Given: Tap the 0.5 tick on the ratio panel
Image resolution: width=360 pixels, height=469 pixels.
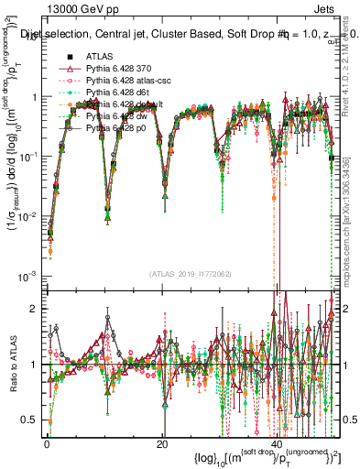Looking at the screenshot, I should point(32,420).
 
